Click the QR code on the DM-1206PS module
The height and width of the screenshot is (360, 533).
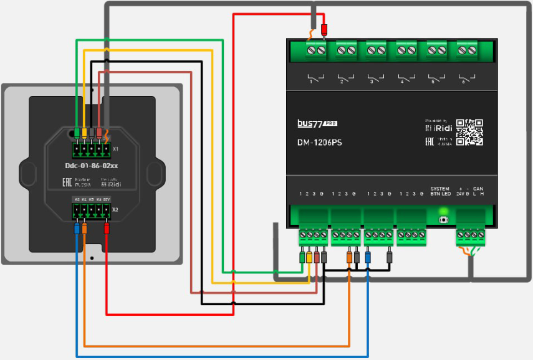pos(469,132)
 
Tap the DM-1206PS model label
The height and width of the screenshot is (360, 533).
pos(319,142)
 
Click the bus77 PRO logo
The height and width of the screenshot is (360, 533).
pos(318,124)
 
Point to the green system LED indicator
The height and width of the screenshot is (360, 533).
pos(444,212)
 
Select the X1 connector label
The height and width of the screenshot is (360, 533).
pos(115,149)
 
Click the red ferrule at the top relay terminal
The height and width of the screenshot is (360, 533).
pos(324,30)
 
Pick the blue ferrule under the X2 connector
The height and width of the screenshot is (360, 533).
pos(77,229)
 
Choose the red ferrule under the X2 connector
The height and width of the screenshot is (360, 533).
pos(107,229)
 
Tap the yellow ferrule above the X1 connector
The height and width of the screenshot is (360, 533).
pos(84,132)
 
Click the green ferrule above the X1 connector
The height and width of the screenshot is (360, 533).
pos(77,132)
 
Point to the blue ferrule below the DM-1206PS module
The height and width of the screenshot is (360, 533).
pos(368,256)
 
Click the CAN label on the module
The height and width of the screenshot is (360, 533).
pos(478,189)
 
